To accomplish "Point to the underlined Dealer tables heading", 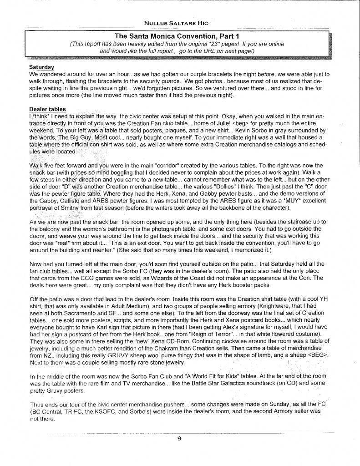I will [x=47, y=109].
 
